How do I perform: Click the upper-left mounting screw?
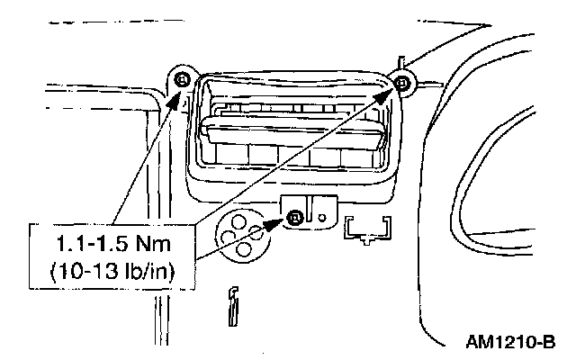click(x=183, y=81)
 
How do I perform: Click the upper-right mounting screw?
click(x=401, y=84)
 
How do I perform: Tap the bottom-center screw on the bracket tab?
click(x=294, y=216)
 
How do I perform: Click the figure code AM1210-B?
click(x=510, y=343)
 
